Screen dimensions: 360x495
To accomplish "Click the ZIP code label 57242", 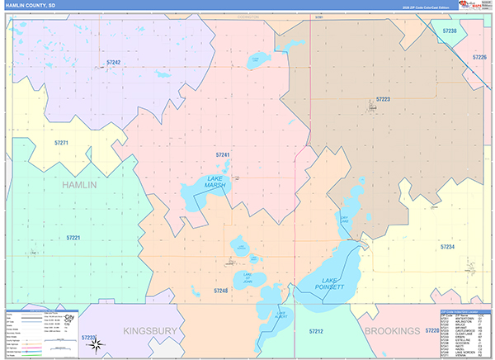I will tap(114, 62).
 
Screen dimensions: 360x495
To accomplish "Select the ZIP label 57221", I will tap(73, 238).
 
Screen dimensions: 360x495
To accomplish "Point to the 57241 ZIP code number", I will tap(223, 154).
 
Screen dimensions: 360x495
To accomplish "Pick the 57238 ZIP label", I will tap(450, 31).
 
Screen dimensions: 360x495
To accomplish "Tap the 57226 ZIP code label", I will tap(479, 57).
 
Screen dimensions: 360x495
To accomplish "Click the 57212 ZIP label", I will tap(317, 331).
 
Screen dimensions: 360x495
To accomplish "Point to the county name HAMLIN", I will tap(79, 185).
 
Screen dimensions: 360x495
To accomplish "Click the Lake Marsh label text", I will tap(215, 182).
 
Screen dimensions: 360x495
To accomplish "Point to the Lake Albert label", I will tap(280, 315).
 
